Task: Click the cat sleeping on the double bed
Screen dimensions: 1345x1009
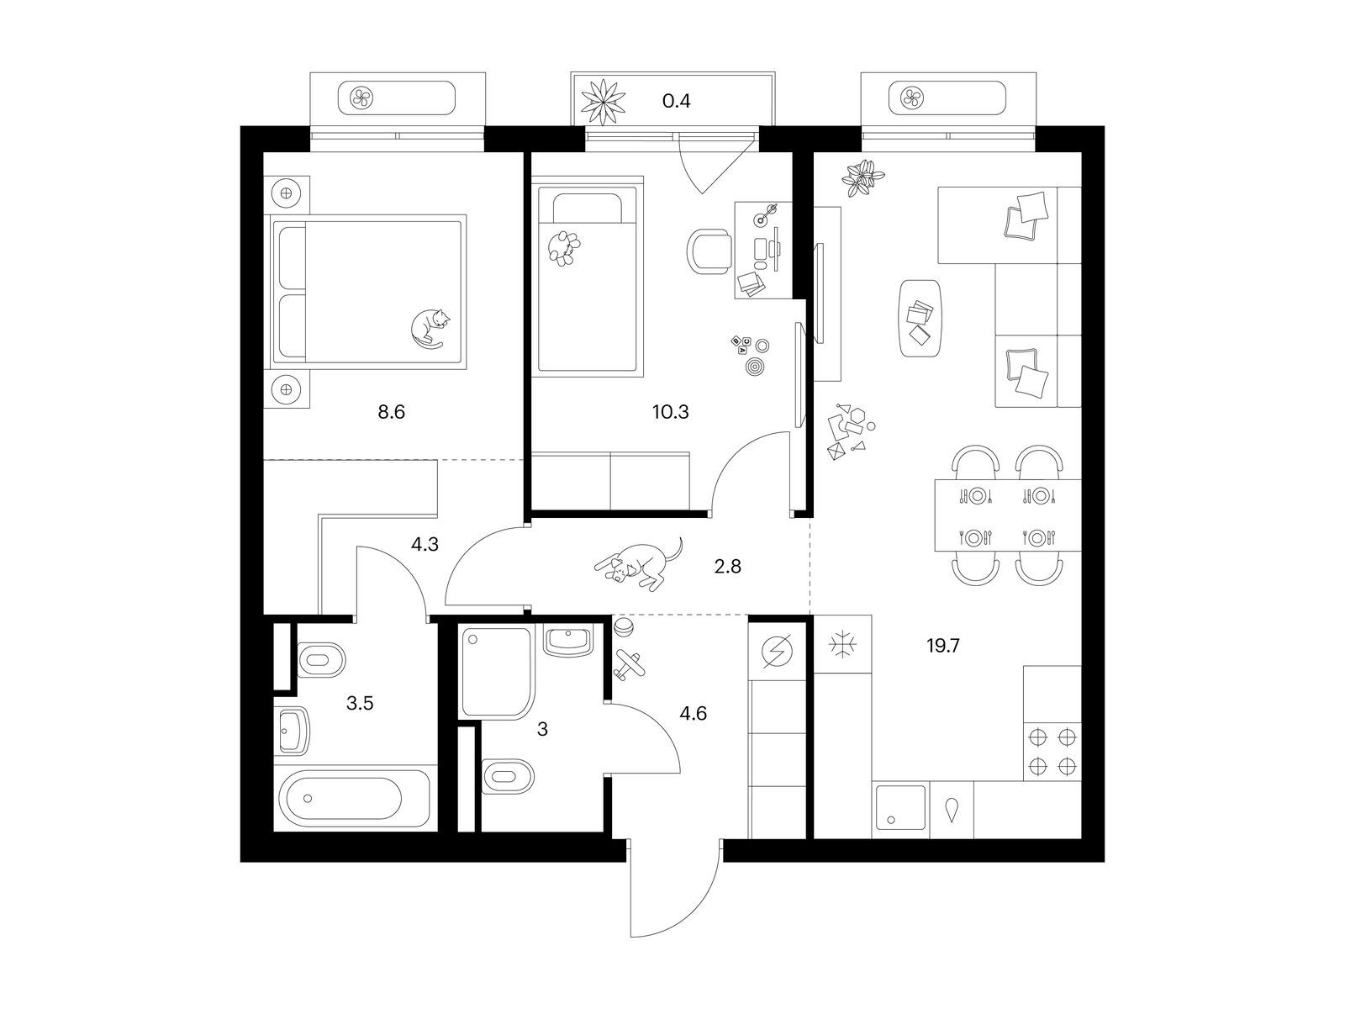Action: [x=430, y=329]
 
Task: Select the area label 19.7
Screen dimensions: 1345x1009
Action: [x=943, y=646]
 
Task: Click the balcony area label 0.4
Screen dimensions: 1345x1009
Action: [x=677, y=100]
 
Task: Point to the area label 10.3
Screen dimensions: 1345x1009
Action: [x=670, y=412]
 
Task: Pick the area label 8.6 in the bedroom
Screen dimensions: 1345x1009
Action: [x=391, y=412]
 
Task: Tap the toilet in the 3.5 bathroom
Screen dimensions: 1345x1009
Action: [x=320, y=660]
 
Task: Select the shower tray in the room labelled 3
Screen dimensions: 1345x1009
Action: [x=496, y=672]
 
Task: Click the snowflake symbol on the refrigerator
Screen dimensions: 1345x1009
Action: [x=842, y=644]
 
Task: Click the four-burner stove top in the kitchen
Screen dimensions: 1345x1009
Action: [x=1052, y=752]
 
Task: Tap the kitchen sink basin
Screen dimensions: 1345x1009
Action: [x=900, y=807]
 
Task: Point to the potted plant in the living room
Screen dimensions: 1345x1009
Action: [x=862, y=177]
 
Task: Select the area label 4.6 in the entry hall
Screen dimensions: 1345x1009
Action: [x=693, y=713]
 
